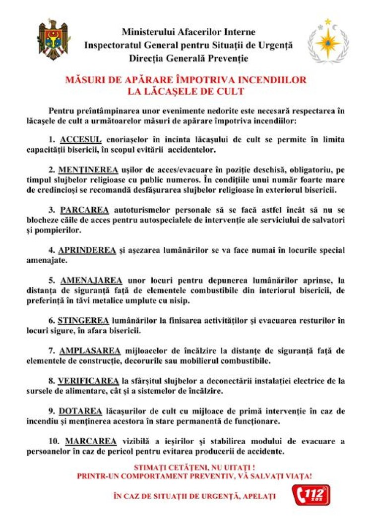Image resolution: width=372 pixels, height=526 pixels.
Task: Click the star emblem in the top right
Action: [328, 42]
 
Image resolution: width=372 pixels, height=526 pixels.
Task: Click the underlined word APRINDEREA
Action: [87, 250]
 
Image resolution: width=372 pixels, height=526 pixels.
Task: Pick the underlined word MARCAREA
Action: [91, 442]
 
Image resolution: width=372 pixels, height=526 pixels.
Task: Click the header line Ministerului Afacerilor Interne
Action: [188, 32]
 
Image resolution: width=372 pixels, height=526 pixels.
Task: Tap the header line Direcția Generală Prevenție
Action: [188, 58]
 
